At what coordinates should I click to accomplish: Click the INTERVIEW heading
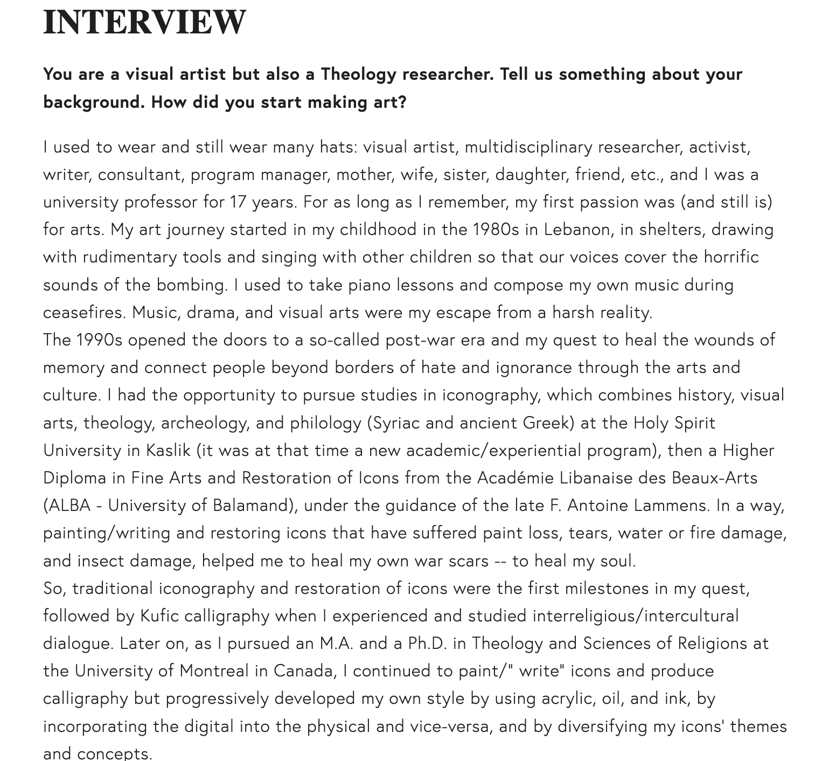[144, 22]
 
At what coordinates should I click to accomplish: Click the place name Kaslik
[169, 450]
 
